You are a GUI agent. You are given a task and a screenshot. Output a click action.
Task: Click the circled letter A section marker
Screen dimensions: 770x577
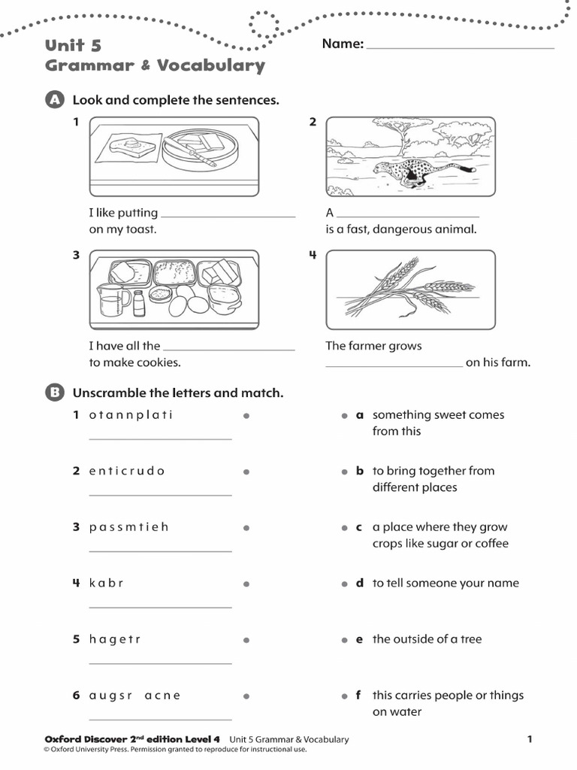(x=54, y=100)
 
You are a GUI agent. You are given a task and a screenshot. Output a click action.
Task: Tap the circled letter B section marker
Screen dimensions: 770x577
(x=54, y=393)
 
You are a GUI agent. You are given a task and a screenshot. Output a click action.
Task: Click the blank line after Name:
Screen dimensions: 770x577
(x=460, y=47)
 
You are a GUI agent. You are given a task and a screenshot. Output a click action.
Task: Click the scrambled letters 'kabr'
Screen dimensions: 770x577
(x=106, y=584)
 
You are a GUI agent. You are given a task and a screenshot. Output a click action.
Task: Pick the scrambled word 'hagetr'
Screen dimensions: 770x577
(x=115, y=639)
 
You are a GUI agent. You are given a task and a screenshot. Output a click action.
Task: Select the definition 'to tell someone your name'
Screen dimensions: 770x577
(x=446, y=584)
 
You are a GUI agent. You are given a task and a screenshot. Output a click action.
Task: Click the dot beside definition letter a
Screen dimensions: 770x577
(x=344, y=415)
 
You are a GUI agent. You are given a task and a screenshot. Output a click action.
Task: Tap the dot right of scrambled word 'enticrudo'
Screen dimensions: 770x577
(x=246, y=471)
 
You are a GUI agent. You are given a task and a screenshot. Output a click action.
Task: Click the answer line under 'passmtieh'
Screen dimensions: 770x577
(x=160, y=551)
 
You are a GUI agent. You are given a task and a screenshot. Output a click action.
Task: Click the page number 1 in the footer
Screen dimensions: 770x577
(x=529, y=739)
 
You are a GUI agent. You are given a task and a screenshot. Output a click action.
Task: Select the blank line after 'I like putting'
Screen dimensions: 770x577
(x=228, y=216)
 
